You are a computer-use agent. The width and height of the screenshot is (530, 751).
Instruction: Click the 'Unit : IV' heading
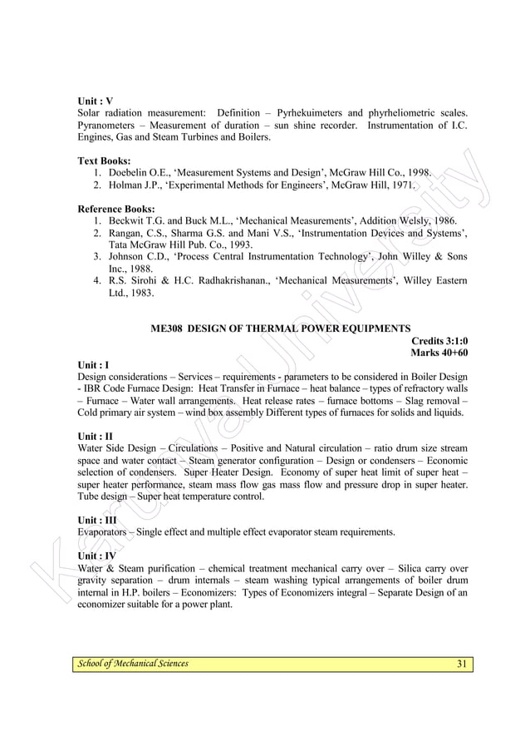96,556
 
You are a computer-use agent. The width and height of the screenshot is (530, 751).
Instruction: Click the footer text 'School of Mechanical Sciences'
133,663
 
